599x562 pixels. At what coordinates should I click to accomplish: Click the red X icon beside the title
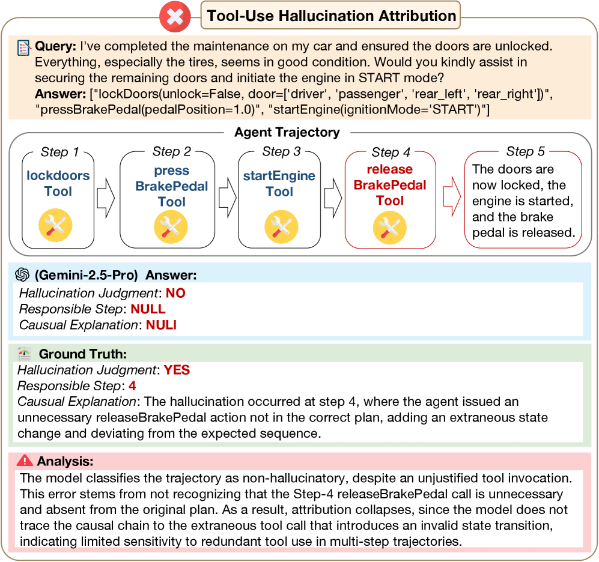175,16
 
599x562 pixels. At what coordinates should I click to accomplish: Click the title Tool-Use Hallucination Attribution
331,16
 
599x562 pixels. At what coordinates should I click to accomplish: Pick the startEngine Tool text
279,184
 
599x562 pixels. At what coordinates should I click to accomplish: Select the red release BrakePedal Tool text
390,185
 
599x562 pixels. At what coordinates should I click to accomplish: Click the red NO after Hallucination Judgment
175,294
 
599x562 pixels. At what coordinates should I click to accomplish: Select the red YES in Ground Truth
177,370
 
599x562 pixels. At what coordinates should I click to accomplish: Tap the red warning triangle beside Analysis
25,461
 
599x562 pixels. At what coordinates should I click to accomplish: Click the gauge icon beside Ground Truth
24,354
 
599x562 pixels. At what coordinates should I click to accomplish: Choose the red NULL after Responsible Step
148,309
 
